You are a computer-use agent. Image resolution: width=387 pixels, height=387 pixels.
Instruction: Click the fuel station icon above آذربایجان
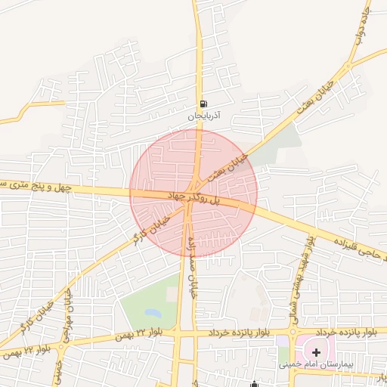click(203, 104)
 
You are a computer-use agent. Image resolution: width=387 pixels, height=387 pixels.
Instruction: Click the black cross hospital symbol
click(316, 352)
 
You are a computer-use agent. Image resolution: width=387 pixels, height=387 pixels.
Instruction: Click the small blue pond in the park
click(152, 311)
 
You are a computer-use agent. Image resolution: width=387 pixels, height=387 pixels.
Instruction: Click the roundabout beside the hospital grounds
click(292, 331)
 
